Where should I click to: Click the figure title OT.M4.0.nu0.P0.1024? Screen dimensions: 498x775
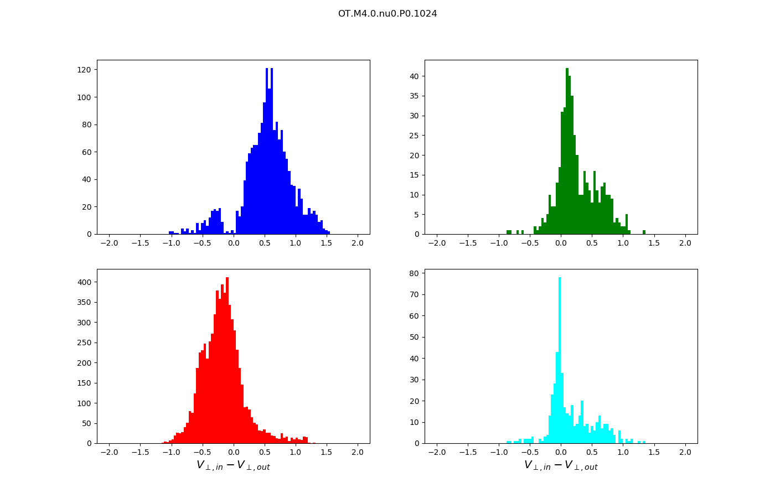click(387, 14)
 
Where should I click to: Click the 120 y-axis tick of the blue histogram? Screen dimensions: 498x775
click(85, 70)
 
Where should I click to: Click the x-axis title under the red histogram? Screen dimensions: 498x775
click(233, 466)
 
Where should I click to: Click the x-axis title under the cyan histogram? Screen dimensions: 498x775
click(561, 466)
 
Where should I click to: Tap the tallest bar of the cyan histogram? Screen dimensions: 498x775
click(560, 360)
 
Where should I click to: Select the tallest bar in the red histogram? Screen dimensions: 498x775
click(227, 360)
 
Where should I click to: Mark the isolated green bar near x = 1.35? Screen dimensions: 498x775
click(644, 232)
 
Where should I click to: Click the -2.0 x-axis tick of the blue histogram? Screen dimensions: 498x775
click(109, 243)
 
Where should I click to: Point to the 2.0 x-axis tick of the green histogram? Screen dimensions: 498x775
click(685, 243)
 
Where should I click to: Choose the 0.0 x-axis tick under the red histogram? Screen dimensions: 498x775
click(233, 452)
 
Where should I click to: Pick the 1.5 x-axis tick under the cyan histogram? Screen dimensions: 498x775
click(654, 452)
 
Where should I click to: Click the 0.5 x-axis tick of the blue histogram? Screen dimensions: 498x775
click(265, 243)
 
